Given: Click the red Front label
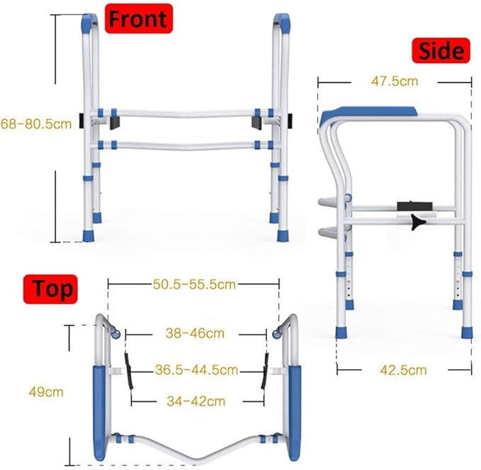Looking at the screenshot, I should pyautogui.click(x=139, y=18).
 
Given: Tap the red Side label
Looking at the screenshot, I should pyautogui.click(x=441, y=50).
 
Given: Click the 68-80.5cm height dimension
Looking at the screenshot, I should pyautogui.click(x=36, y=123).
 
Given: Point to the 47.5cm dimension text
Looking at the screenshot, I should pyautogui.click(x=395, y=81).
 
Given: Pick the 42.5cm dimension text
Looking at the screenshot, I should pyautogui.click(x=402, y=369).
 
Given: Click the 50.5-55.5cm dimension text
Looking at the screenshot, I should pyautogui.click(x=194, y=284).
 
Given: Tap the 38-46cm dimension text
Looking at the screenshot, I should pyautogui.click(x=196, y=332).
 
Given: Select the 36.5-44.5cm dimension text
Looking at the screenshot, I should pyautogui.click(x=196, y=369).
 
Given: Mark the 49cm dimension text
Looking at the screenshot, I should pyautogui.click(x=30, y=391).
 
